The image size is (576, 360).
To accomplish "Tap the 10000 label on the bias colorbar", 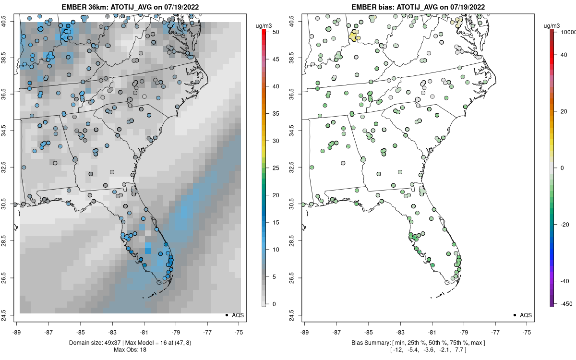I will click(568, 32).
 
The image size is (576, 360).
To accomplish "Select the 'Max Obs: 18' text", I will click(130, 349).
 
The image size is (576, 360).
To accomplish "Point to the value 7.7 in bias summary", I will click(461, 349).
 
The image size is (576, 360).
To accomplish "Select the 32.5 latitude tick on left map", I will click(10, 168).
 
